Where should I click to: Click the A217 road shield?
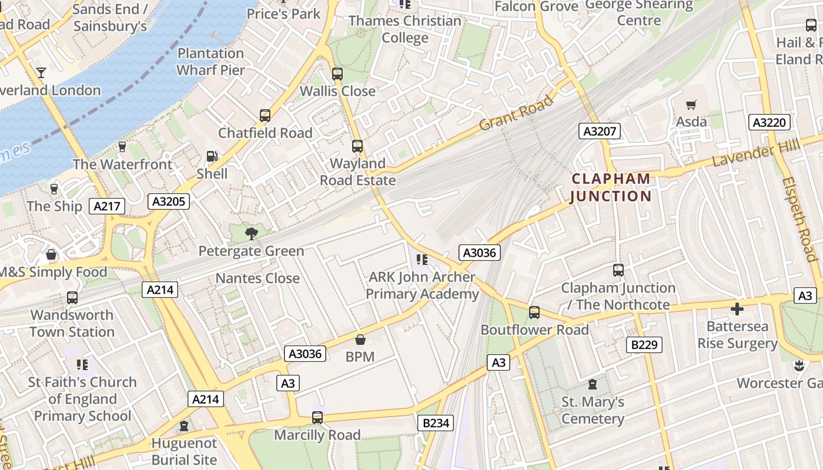pos(107,206)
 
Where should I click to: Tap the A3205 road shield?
pos(168,202)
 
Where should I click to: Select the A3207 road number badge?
pos(600,131)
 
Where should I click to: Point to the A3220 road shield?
pos(770,122)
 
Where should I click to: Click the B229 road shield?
pos(644,344)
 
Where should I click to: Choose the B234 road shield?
pos(436,422)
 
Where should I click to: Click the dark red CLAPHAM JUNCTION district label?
pos(611,187)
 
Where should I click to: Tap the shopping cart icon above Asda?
pos(691,105)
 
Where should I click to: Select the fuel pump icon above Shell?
pos(212,157)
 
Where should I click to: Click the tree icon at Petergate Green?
pos(252,234)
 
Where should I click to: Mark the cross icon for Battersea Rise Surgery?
pos(737,309)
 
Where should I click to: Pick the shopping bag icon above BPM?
pos(360,340)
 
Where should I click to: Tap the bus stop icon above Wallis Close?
pos(337,74)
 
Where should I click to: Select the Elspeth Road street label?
pos(800,219)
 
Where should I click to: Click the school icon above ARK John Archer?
pos(421,259)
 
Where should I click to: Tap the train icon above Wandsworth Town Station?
pos(72,298)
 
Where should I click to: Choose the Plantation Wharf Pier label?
pos(210,62)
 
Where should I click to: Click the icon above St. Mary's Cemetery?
pos(593,385)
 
